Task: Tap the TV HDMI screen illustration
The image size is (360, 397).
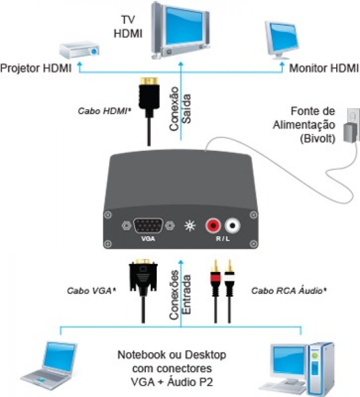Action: (x=181, y=28)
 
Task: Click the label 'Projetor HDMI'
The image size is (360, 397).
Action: (x=36, y=68)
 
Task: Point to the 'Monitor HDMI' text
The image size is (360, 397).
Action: (x=323, y=68)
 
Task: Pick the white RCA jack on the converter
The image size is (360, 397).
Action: (x=233, y=226)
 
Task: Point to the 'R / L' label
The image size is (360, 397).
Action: (x=223, y=240)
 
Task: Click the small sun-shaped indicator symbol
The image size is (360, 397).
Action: (x=189, y=227)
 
